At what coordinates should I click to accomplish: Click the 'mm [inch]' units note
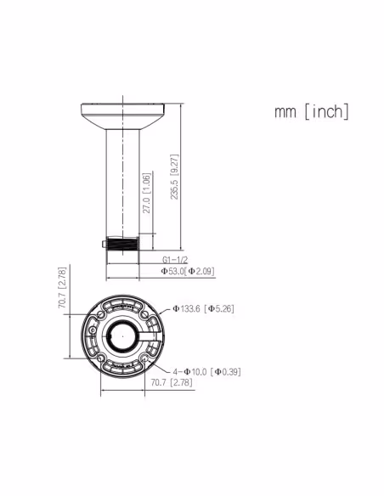point(312,111)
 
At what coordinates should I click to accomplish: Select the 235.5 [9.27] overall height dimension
point(174,177)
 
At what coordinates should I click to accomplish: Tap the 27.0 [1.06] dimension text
point(146,194)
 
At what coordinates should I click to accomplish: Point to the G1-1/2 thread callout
point(175,260)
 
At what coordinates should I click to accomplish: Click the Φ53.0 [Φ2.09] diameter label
point(188,271)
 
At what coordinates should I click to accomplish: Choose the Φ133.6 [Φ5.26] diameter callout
point(204,308)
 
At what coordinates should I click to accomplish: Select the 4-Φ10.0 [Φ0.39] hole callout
point(206,372)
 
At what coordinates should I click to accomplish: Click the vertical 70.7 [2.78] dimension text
point(62,288)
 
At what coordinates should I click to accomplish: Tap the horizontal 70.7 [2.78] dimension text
point(172,382)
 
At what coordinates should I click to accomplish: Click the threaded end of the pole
point(122,243)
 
